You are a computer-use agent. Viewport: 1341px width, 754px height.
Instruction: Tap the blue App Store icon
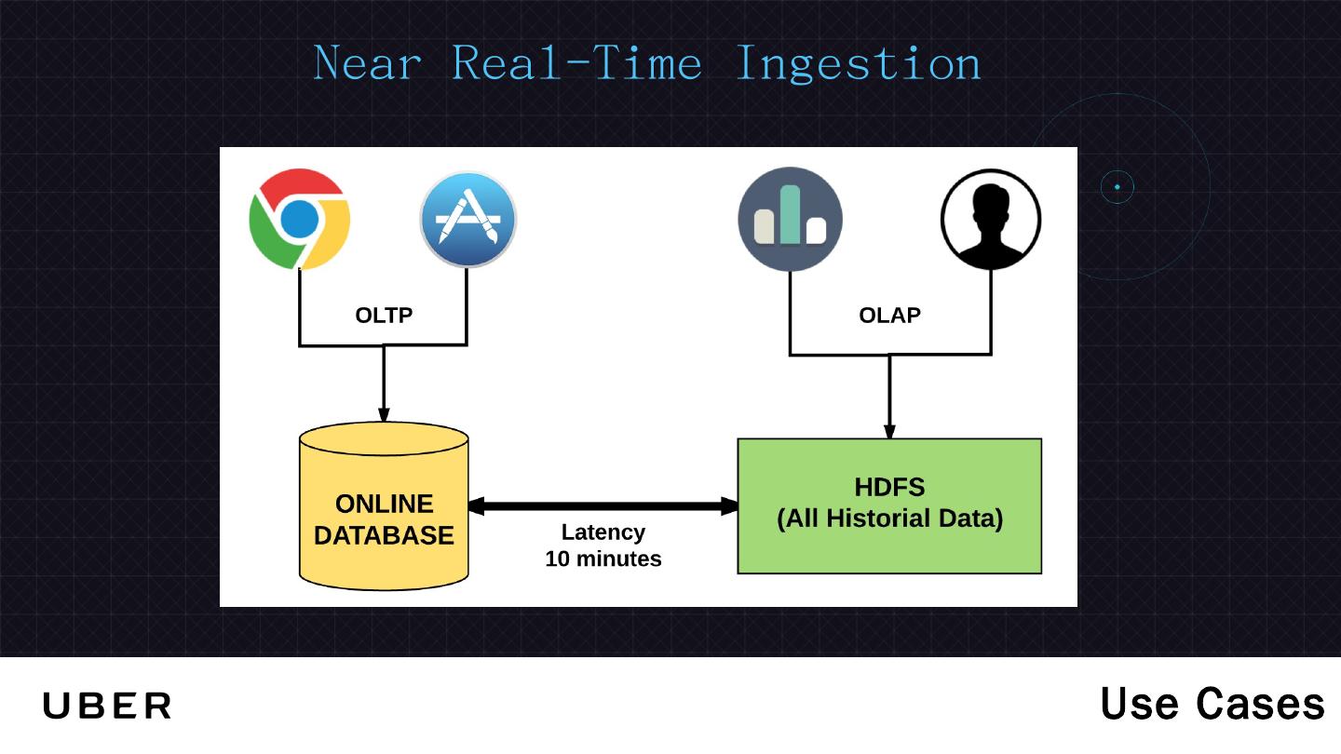point(467,220)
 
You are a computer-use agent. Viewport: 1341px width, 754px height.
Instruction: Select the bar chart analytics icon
point(790,220)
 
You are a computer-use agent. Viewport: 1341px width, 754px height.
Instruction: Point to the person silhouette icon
point(991,220)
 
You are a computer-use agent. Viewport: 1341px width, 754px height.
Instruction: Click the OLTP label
point(384,316)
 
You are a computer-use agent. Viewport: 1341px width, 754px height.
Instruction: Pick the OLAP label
point(889,316)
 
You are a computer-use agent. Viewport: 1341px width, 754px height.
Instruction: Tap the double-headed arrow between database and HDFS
point(603,506)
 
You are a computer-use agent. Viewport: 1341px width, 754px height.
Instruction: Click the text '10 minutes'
point(603,559)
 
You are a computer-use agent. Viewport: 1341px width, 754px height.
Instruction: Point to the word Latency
point(603,532)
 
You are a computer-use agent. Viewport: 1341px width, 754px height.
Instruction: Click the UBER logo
point(107,707)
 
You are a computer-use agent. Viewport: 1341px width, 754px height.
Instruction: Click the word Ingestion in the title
point(858,64)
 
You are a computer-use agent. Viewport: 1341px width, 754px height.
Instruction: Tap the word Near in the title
point(368,64)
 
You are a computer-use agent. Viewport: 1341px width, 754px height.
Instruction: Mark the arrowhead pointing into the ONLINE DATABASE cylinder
point(384,416)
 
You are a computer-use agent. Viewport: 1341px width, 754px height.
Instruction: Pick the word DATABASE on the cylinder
point(384,536)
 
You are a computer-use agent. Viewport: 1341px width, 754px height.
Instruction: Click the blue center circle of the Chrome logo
point(300,220)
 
